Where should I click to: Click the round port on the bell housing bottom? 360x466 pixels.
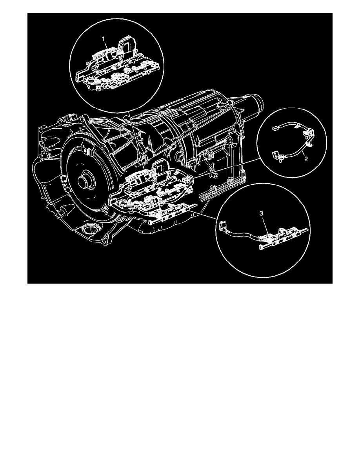point(91,228)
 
